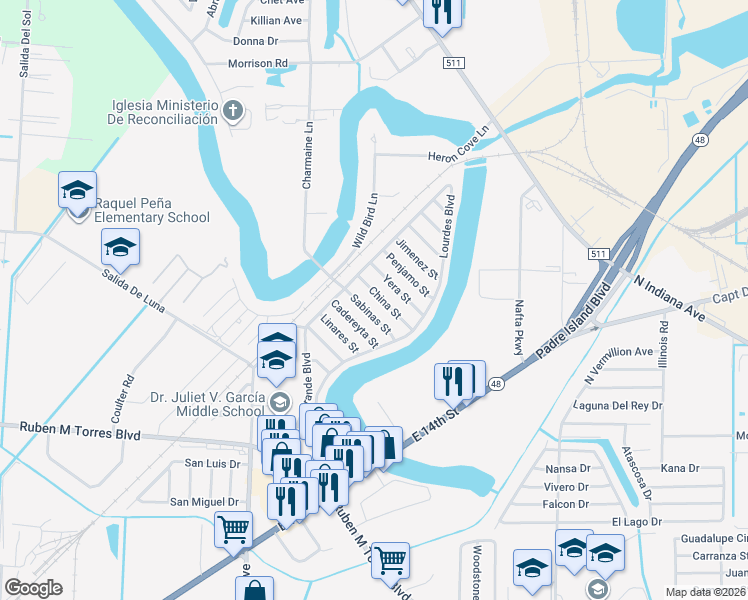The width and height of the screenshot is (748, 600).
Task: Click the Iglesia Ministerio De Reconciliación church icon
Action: (234, 110)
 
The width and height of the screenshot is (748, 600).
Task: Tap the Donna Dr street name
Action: (255, 41)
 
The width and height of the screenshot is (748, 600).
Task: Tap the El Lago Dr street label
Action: (630, 521)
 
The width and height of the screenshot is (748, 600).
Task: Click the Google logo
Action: (33, 588)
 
